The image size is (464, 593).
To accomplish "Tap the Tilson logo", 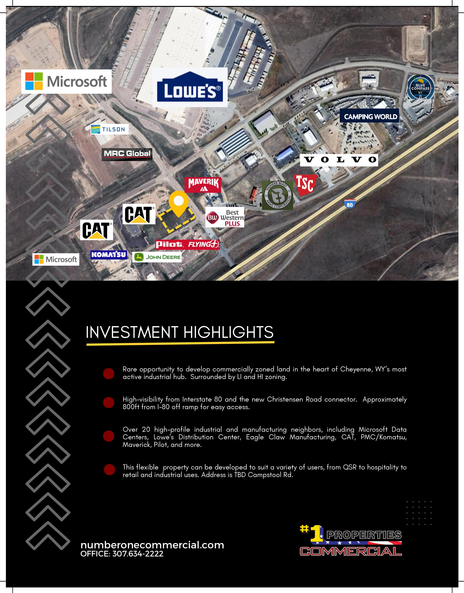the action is click(x=109, y=129).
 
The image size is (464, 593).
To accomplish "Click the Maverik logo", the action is click(x=203, y=185).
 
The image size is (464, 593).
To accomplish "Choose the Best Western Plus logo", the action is click(x=225, y=217).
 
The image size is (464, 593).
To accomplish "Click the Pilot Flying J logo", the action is click(x=187, y=244).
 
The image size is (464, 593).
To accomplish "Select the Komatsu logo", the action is click(x=109, y=255).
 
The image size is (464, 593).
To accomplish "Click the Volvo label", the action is click(x=339, y=160).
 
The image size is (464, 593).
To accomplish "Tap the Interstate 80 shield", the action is click(x=350, y=204).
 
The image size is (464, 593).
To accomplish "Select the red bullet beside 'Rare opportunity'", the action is click(x=109, y=374).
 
